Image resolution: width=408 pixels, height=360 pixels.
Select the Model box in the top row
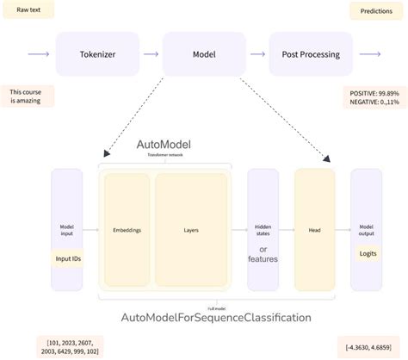(x=203, y=54)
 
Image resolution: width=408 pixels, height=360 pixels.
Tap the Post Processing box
(x=311, y=54)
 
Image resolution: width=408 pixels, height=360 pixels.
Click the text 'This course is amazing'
(x=28, y=96)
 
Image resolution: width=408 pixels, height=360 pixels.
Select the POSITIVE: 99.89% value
(x=374, y=91)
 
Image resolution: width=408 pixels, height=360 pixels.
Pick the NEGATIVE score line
(x=374, y=102)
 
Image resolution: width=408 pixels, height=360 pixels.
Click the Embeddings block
(x=127, y=231)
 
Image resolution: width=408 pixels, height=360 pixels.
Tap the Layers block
(x=191, y=231)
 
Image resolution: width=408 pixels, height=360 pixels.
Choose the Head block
(x=313, y=231)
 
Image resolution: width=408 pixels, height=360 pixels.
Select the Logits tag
(x=368, y=252)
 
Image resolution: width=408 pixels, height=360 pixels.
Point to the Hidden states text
(x=263, y=231)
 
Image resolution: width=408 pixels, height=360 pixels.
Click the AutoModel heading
(x=164, y=144)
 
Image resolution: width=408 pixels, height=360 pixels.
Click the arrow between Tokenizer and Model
(x=151, y=54)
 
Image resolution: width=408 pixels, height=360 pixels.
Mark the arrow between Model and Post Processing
(x=257, y=54)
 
